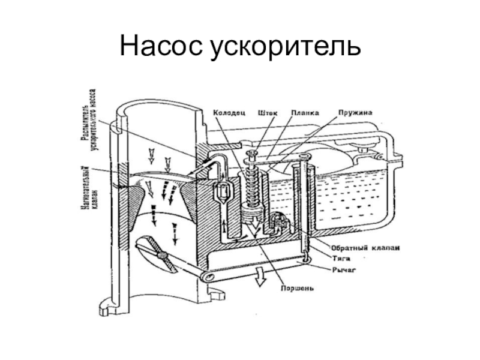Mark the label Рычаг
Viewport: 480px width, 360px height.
pos(344,270)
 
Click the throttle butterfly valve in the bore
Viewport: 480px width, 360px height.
pos(155,253)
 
